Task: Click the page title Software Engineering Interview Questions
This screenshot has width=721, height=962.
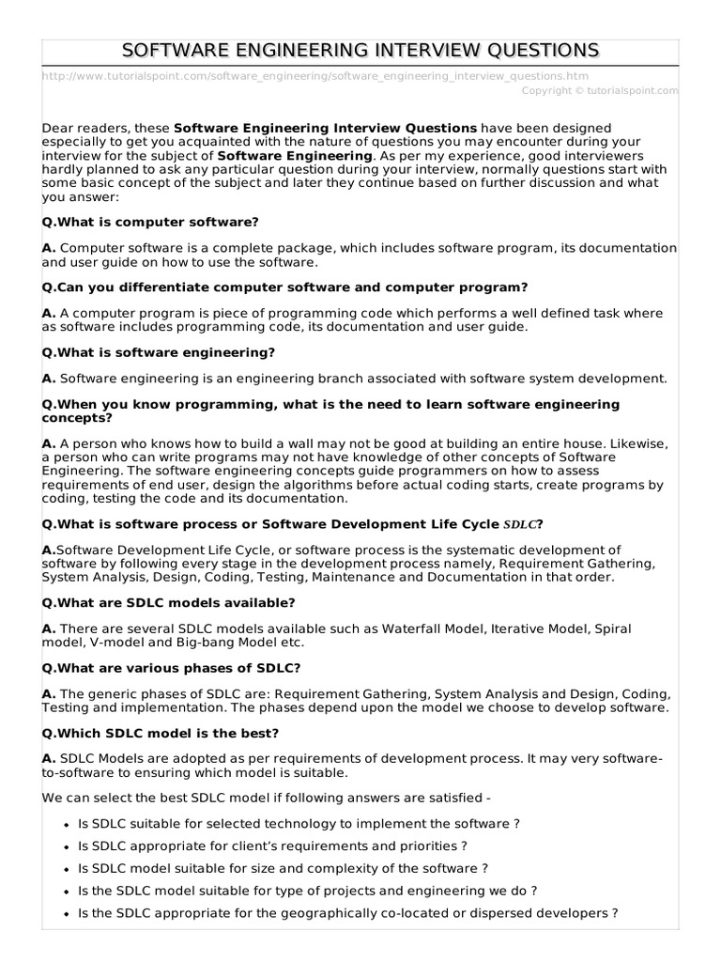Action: point(360,50)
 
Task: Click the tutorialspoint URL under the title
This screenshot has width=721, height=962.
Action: point(316,75)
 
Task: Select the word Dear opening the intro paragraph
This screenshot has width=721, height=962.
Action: point(58,128)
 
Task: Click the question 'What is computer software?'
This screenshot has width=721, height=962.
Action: point(150,222)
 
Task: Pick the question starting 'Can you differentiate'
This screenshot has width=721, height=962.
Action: point(285,287)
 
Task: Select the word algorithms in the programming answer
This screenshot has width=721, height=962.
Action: point(315,485)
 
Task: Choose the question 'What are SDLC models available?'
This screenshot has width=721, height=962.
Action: point(169,602)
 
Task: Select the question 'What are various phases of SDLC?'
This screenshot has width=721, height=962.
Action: point(172,667)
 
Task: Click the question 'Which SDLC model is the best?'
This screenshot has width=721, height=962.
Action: point(161,732)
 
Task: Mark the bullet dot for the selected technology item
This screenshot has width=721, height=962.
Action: point(65,824)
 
